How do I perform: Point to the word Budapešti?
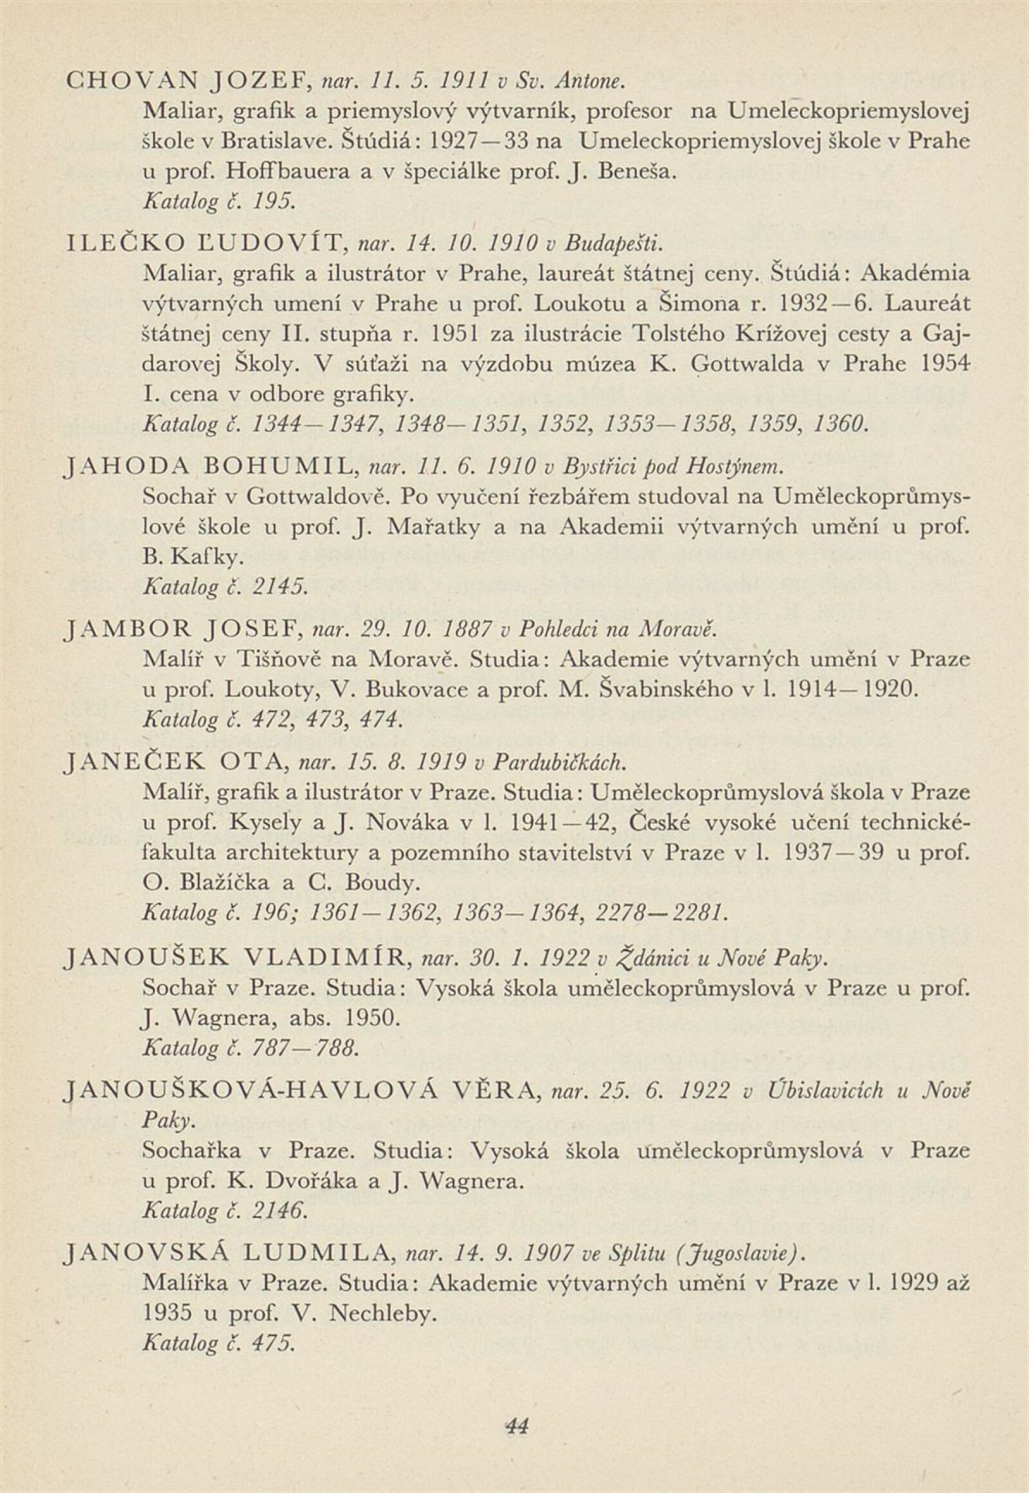point(612,244)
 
